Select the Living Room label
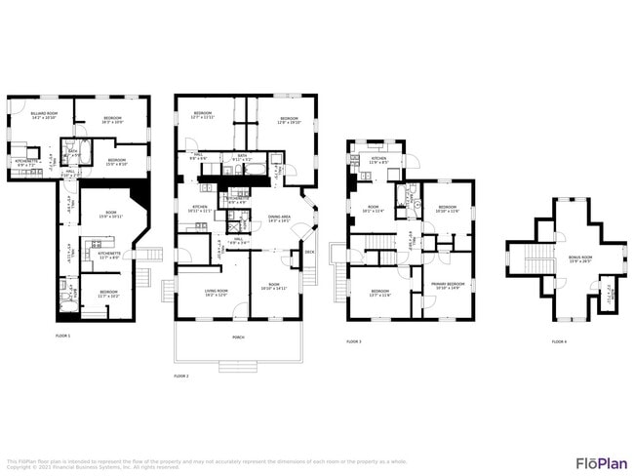pyautogui.click(x=216, y=293)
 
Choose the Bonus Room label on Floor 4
pyautogui.click(x=580, y=259)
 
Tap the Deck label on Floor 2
pyautogui.click(x=309, y=252)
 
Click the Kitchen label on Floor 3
pyautogui.click(x=377, y=160)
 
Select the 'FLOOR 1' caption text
pyautogui.click(x=62, y=335)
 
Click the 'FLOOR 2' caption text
pyautogui.click(x=180, y=376)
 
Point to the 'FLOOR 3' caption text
pyautogui.click(x=354, y=342)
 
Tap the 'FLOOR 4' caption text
pyautogui.click(x=559, y=342)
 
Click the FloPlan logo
pyautogui.click(x=601, y=462)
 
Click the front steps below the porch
pyautogui.click(x=237, y=366)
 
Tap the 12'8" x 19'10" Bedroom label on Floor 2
pyautogui.click(x=289, y=122)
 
